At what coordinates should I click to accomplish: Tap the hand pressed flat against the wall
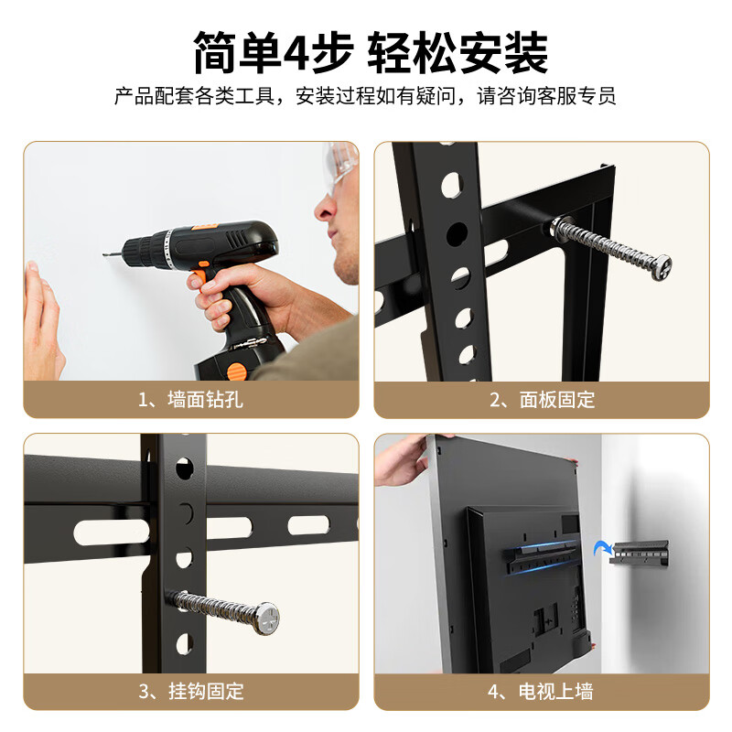41,320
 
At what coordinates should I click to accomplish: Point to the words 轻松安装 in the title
457,52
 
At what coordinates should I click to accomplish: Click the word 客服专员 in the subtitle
582,96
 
